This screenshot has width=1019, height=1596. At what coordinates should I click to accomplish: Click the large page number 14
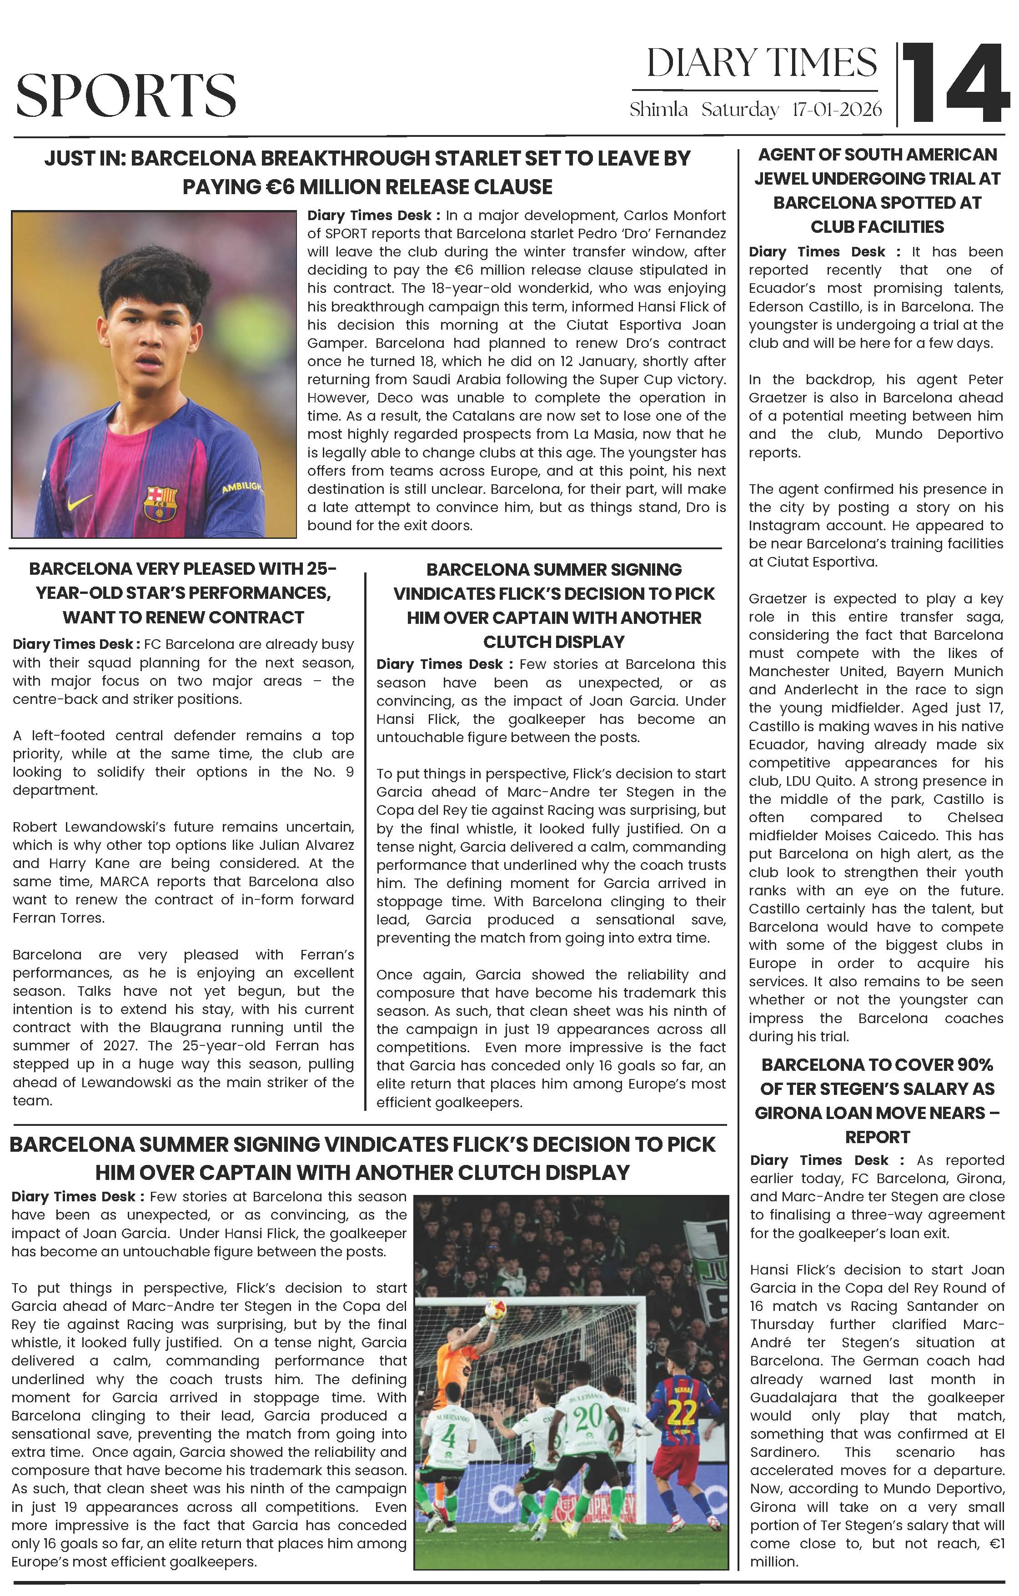(x=955, y=83)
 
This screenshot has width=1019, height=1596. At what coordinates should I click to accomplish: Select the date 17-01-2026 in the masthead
(x=837, y=110)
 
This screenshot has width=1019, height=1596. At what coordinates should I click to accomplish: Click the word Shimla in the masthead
(x=658, y=110)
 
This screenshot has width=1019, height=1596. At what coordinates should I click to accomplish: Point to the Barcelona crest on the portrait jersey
(x=161, y=503)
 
